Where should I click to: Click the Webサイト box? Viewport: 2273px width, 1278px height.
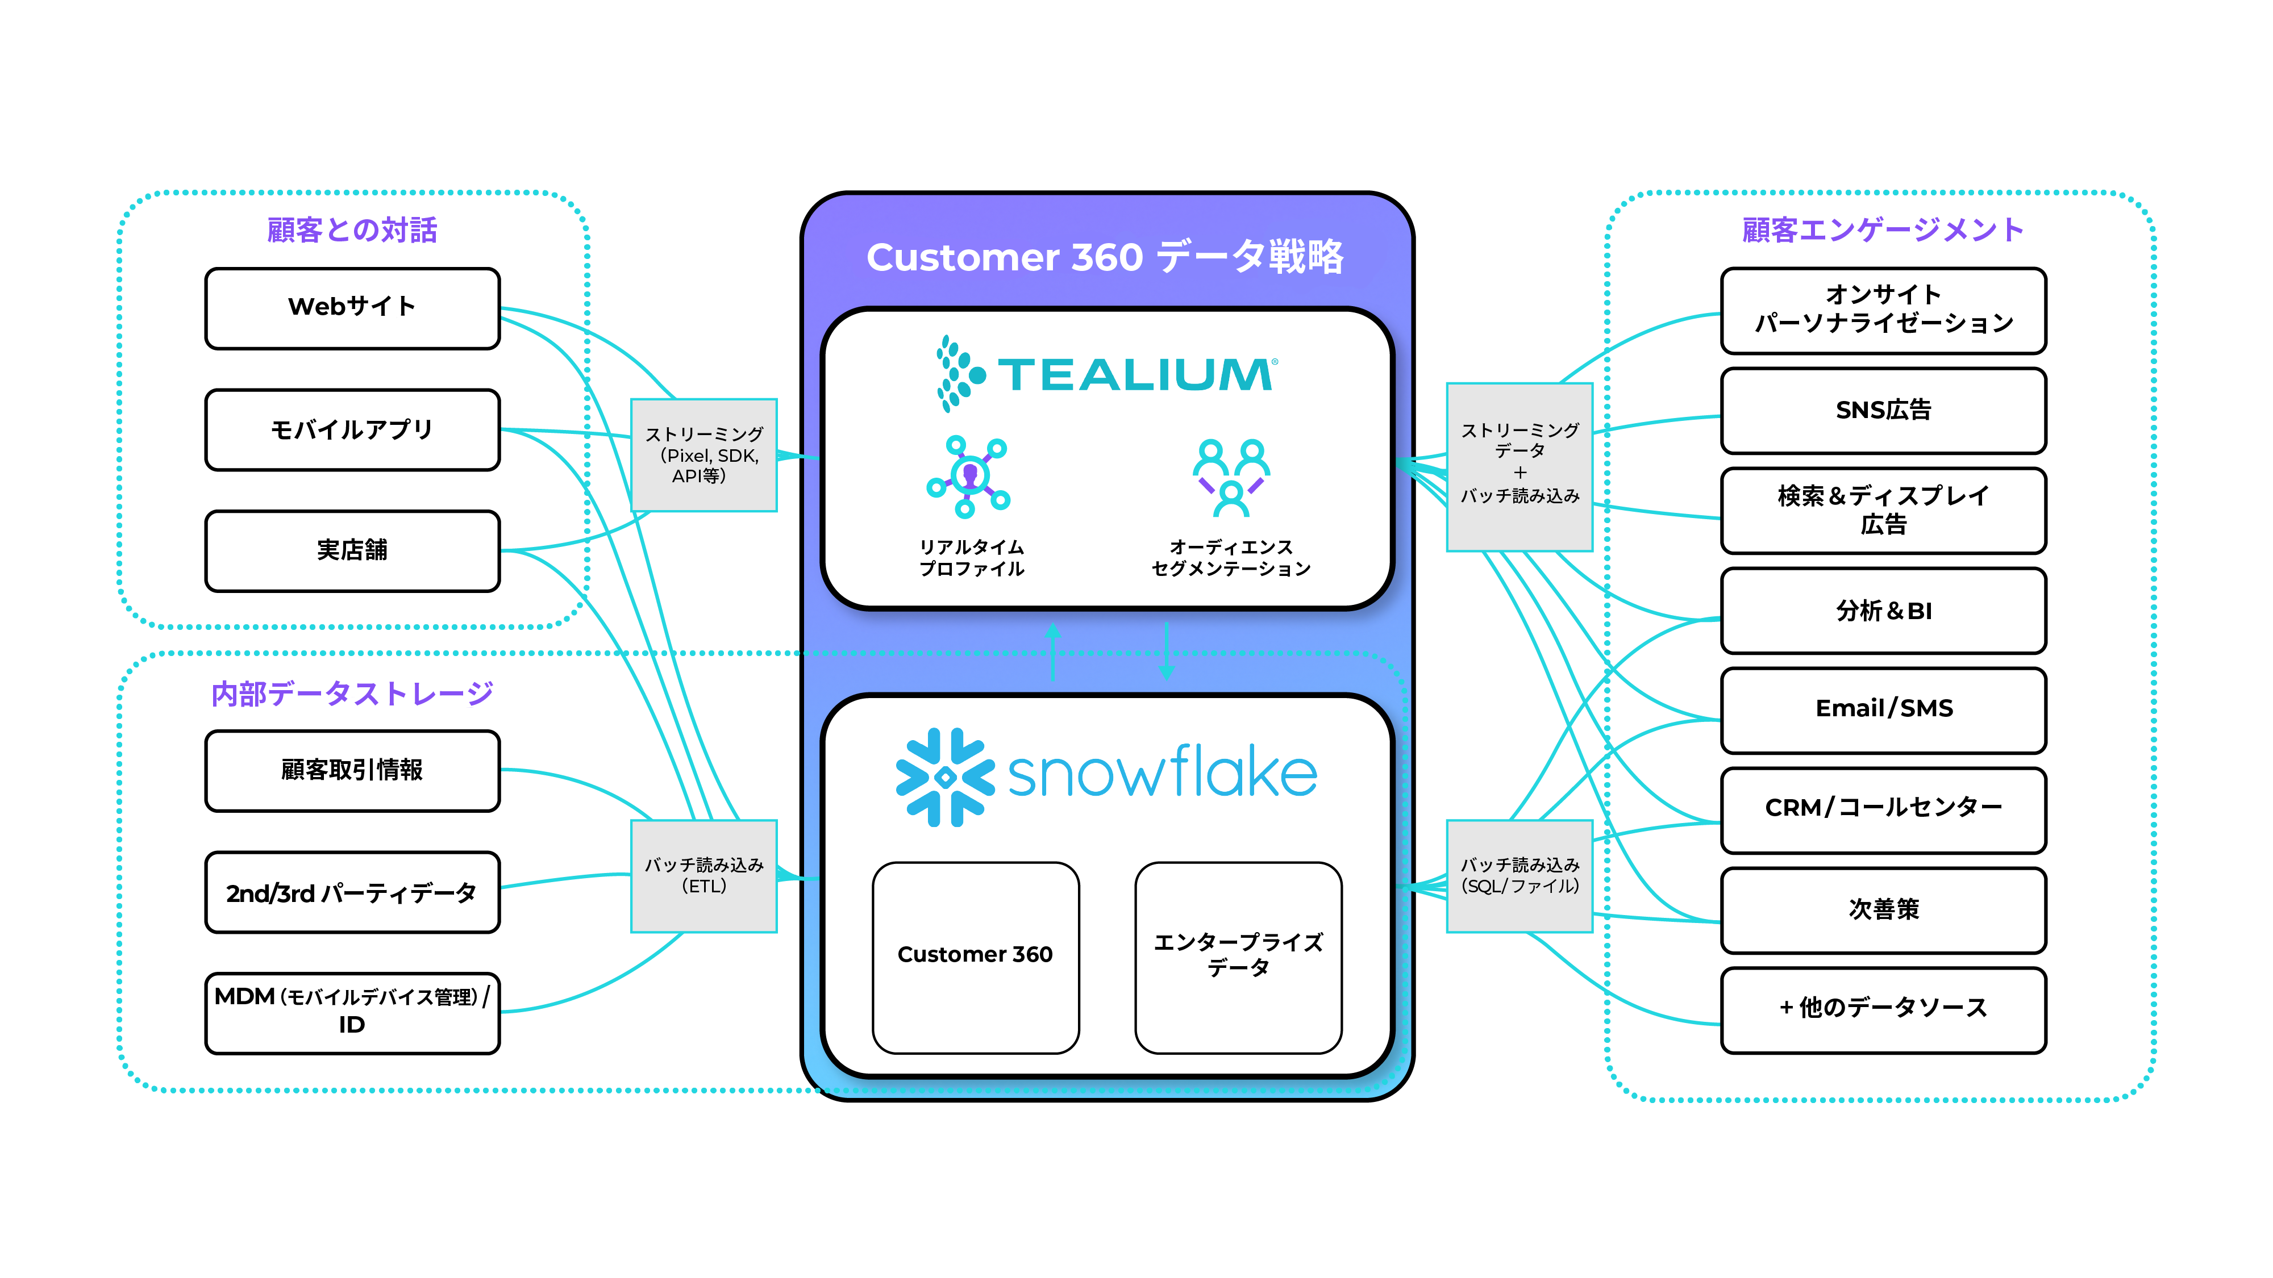pos(352,308)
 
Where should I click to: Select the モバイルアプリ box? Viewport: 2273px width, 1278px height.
pos(352,429)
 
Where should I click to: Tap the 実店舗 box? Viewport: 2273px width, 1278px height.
pos(352,550)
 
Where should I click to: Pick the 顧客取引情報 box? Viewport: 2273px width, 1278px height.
pos(352,770)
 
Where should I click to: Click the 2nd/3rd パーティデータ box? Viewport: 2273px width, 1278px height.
pos(352,892)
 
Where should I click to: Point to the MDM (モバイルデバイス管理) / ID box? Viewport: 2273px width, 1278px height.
pos(352,1012)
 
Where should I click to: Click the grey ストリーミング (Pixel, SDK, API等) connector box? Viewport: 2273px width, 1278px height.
pos(703,455)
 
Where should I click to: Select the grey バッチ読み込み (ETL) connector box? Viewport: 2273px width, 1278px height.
pos(703,876)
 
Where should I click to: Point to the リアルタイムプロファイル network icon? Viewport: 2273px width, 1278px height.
pos(969,477)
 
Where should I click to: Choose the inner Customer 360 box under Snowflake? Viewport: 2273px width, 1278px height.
pos(975,956)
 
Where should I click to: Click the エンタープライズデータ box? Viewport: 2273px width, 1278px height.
pos(1238,956)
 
